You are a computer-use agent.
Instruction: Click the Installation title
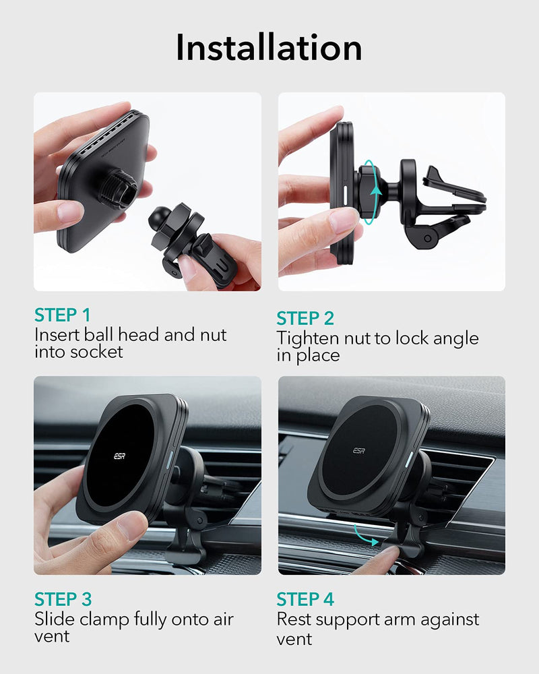click(x=269, y=47)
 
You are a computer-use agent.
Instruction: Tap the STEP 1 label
click(x=63, y=315)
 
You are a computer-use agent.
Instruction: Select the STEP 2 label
click(x=305, y=319)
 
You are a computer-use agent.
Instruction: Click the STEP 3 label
click(x=63, y=599)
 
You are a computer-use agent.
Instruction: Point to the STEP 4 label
click(x=305, y=599)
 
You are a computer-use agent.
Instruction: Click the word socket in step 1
click(x=97, y=352)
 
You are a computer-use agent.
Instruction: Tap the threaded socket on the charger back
click(x=118, y=188)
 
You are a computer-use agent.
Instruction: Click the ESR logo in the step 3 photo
click(x=120, y=456)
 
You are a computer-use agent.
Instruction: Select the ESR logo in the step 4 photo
click(x=359, y=450)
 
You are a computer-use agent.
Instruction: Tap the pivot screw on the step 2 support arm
click(x=427, y=238)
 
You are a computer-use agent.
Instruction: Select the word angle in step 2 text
click(x=455, y=339)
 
